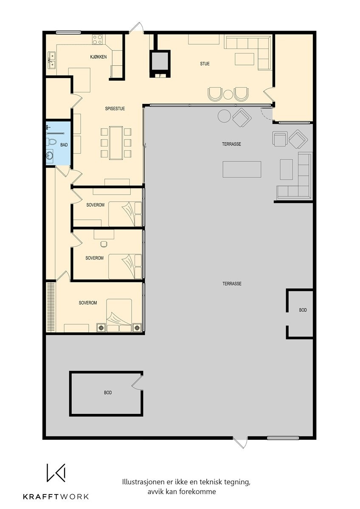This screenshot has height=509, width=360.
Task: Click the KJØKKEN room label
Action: (x=98, y=57)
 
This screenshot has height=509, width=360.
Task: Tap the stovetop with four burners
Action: (x=98, y=40)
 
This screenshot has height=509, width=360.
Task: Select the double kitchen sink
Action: (x=51, y=60)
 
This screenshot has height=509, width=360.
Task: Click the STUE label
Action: (x=205, y=64)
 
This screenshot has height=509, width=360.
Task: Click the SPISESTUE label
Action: (x=115, y=109)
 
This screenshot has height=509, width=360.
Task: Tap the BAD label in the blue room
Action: (x=64, y=145)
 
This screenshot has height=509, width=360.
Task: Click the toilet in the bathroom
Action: (x=51, y=141)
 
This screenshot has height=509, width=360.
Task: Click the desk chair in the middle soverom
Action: (x=103, y=243)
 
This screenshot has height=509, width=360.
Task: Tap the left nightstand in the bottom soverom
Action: (x=101, y=327)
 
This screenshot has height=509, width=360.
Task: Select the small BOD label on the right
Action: (x=303, y=310)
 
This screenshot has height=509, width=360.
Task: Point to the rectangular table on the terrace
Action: (x=242, y=169)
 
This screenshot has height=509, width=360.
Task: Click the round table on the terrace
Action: (x=224, y=116)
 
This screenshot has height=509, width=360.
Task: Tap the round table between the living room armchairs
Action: (x=228, y=94)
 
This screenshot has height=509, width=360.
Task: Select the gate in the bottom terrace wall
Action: (x=240, y=442)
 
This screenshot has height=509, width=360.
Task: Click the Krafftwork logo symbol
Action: (x=56, y=473)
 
